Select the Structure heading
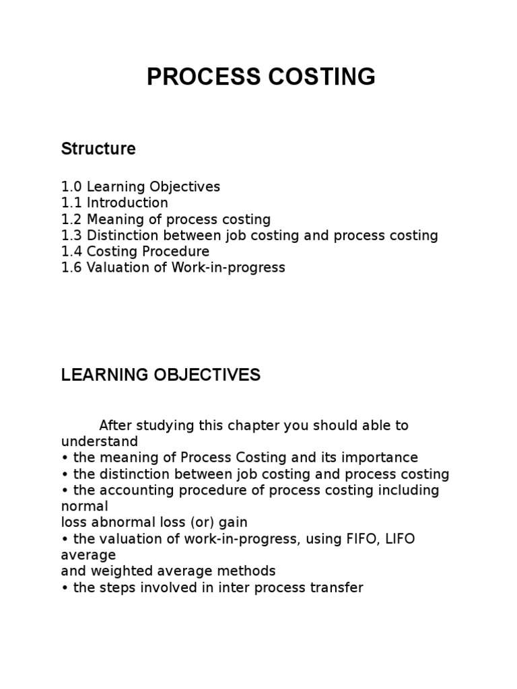98,149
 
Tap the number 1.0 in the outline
71,186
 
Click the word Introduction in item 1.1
127,203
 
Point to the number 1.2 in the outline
71,219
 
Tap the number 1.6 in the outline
71,268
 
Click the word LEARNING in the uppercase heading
102,375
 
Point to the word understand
100,441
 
